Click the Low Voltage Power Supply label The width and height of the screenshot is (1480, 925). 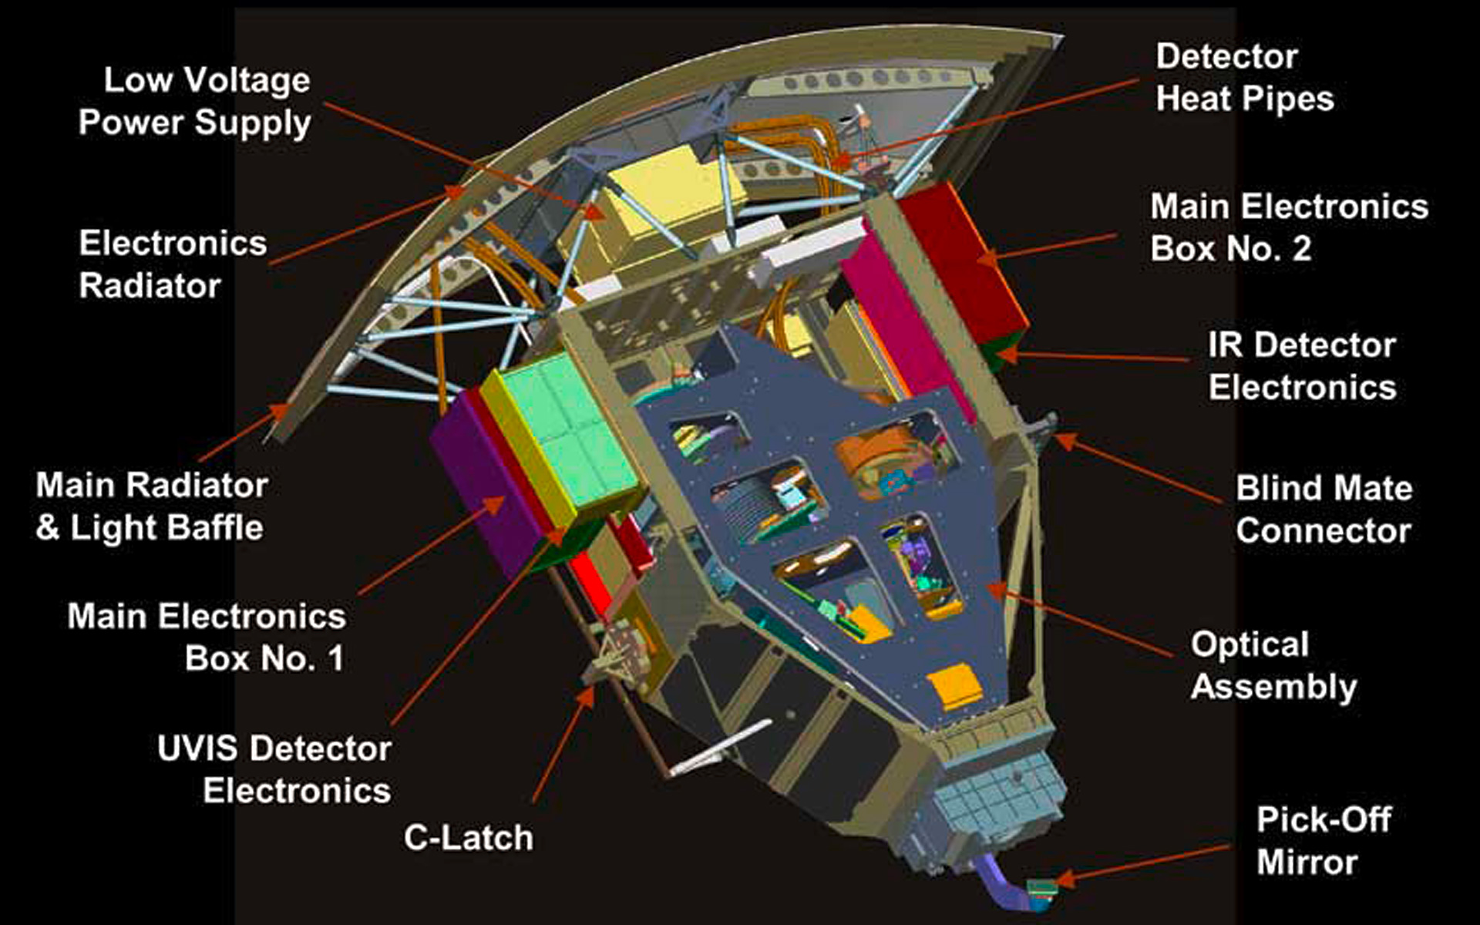195,102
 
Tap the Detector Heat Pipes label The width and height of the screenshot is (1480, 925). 1245,78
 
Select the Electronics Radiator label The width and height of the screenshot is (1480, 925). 173,264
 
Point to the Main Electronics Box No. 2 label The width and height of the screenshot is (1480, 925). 1290,227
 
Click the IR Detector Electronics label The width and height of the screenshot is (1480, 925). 1302,366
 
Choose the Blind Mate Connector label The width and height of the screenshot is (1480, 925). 1324,510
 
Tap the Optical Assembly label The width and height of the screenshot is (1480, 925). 1273,665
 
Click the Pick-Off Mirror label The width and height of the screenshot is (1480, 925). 1324,841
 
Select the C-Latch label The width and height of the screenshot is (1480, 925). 469,838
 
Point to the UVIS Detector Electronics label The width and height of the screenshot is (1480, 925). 274,769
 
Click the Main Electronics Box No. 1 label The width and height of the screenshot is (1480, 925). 207,637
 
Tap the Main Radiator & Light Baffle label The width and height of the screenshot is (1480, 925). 152,506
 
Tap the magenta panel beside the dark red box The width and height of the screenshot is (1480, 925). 906,324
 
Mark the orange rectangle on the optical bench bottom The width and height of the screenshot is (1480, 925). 954,688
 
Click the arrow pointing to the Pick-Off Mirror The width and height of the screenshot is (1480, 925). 1142,863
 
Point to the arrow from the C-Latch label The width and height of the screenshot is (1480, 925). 563,743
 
